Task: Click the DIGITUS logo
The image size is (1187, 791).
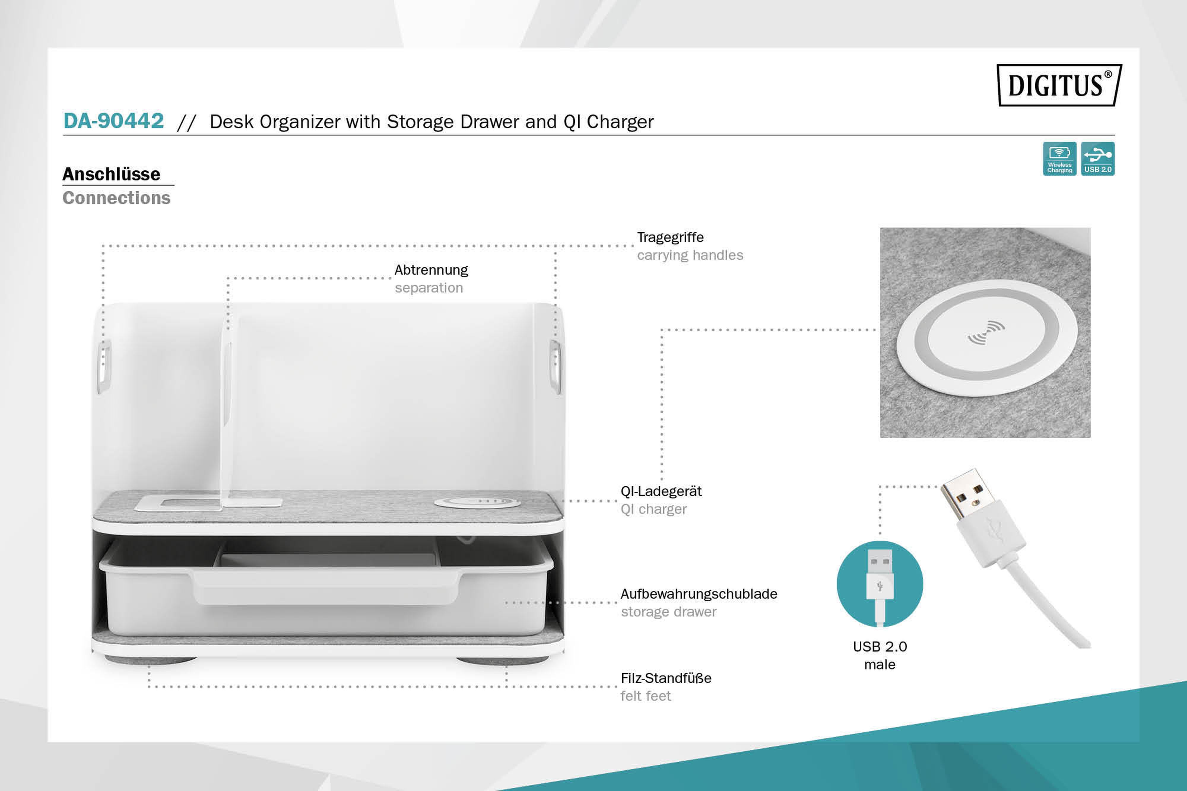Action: tap(1059, 85)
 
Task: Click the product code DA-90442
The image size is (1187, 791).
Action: tap(113, 121)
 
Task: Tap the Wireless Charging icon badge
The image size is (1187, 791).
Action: tap(1059, 159)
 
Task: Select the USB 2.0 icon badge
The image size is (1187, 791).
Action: tap(1098, 159)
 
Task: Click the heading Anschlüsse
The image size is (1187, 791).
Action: tap(112, 174)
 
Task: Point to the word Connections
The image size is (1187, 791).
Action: tap(117, 198)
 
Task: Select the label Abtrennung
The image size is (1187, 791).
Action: tap(431, 270)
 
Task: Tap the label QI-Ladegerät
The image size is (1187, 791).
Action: tap(661, 491)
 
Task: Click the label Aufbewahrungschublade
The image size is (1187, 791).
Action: tap(699, 594)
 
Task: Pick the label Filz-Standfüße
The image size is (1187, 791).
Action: tap(666, 678)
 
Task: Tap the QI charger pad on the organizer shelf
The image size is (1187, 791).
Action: tap(477, 502)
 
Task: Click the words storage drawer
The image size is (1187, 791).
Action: tap(668, 612)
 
